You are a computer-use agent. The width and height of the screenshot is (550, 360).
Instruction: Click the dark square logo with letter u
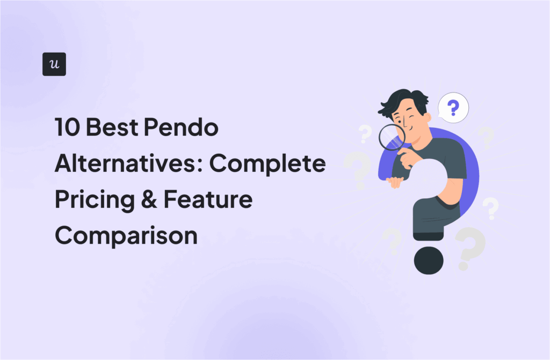click(x=54, y=64)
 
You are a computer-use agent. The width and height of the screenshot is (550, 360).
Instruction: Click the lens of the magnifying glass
click(x=391, y=138)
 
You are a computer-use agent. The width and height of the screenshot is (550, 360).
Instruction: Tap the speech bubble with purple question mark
click(x=453, y=108)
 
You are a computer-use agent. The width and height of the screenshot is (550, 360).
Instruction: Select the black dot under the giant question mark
click(x=428, y=261)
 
